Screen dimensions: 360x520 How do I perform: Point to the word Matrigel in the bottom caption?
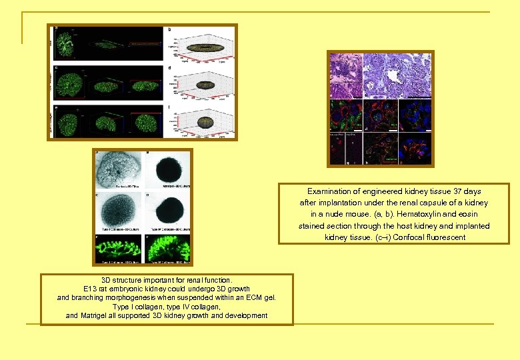[x=99, y=315]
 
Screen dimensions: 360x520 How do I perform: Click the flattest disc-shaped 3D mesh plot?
[x=204, y=48]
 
